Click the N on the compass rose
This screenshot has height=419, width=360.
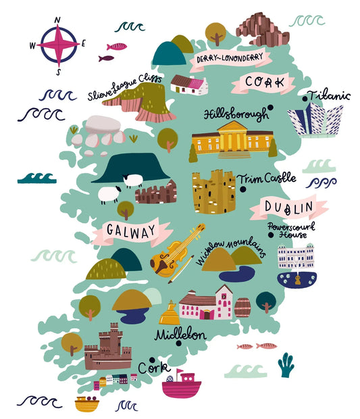click(57, 20)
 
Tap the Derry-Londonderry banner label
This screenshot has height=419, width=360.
click(230, 59)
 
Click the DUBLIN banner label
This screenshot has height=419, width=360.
click(288, 207)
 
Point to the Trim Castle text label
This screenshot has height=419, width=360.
click(266, 179)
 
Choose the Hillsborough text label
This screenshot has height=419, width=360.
click(236, 114)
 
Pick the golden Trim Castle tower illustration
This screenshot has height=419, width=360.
click(213, 192)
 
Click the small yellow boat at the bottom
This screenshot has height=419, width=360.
click(86, 403)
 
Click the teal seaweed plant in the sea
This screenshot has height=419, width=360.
click(286, 365)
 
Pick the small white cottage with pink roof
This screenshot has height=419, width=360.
click(188, 85)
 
